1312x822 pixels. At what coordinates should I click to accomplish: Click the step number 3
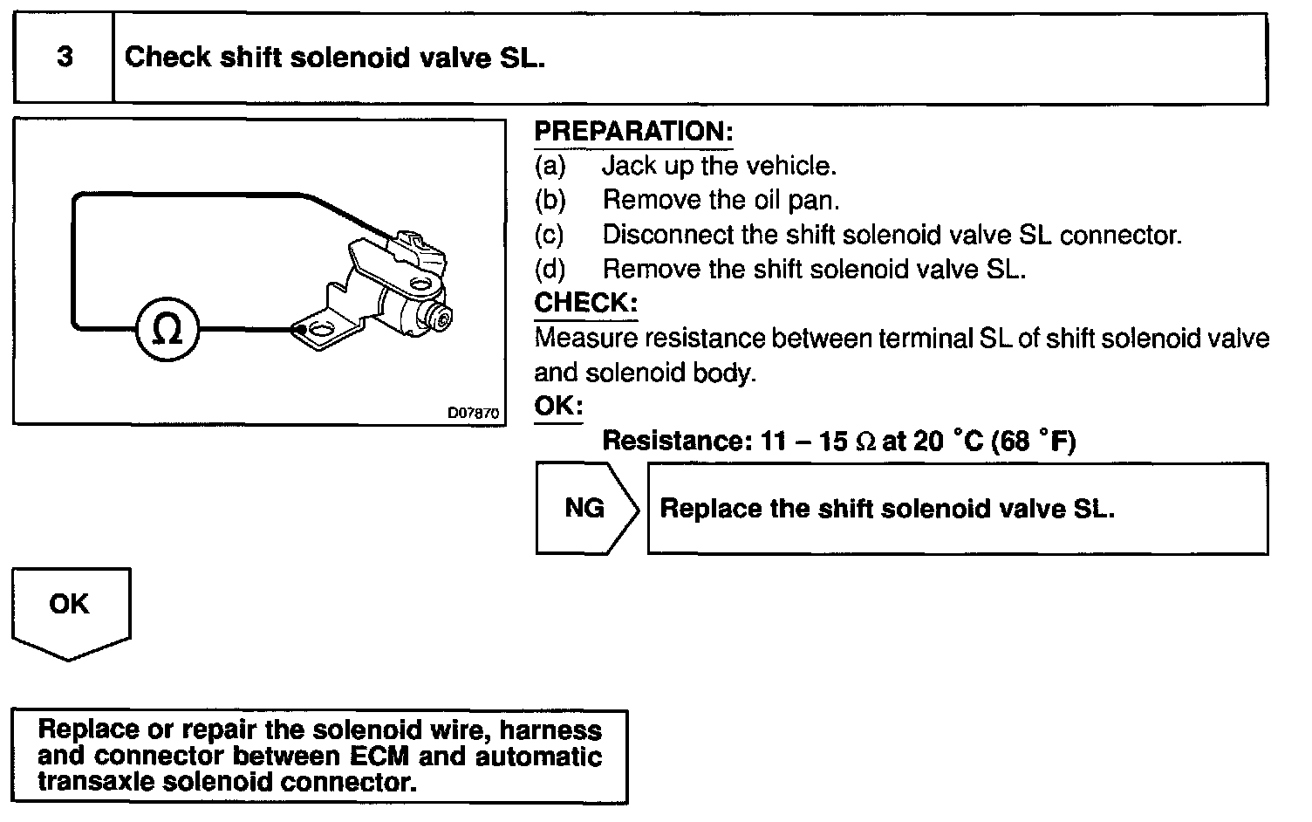point(65,58)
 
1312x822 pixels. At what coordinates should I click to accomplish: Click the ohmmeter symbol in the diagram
point(167,330)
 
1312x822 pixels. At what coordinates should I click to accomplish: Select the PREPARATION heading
point(633,132)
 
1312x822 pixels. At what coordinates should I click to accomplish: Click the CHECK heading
point(585,303)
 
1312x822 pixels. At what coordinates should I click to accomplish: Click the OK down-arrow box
point(70,611)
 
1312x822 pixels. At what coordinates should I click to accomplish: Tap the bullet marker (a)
point(550,166)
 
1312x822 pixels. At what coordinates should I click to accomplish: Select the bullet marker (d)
point(550,270)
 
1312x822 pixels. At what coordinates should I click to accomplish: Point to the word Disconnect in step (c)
point(668,236)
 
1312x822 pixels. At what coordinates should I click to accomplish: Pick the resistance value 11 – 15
point(804,442)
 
